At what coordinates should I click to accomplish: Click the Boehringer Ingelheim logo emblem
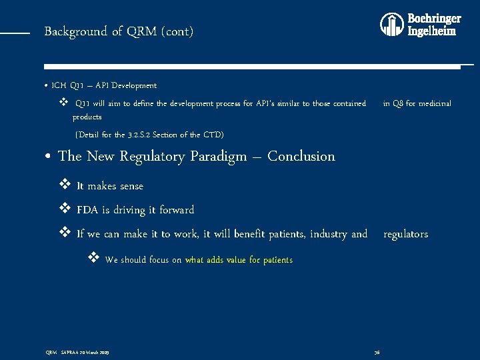point(392,25)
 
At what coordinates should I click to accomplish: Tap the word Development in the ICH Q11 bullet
point(135,85)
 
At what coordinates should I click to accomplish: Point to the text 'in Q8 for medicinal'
point(417,103)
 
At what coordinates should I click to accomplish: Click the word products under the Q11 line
point(87,117)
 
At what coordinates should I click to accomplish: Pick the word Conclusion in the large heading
point(301,157)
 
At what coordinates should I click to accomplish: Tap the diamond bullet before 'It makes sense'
point(65,185)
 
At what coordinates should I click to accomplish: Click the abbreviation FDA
point(87,210)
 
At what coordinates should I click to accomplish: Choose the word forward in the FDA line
point(177,210)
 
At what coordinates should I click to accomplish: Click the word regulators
point(405,234)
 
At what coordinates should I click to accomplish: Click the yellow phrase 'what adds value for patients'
point(239,260)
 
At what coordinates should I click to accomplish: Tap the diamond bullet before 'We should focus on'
point(93,259)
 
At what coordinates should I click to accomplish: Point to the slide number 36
point(377,351)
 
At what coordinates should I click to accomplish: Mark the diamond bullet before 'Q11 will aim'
point(65,103)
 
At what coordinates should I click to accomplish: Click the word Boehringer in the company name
point(433,19)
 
